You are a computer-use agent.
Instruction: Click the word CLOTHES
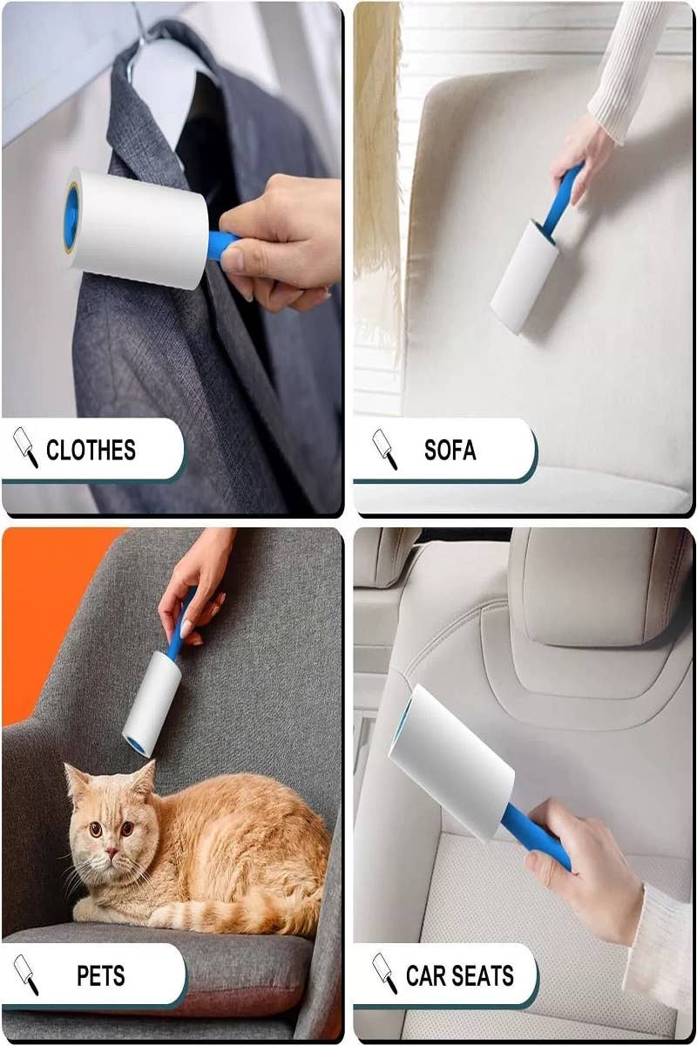tap(91, 450)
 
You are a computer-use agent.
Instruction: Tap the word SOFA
tap(450, 450)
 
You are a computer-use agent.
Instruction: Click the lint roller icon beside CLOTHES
tap(25, 447)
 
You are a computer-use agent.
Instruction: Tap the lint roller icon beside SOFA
tap(385, 449)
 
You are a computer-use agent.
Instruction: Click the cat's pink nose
tap(111, 852)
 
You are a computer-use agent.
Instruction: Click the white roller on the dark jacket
tap(136, 228)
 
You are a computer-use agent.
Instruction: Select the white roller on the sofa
tap(524, 276)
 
